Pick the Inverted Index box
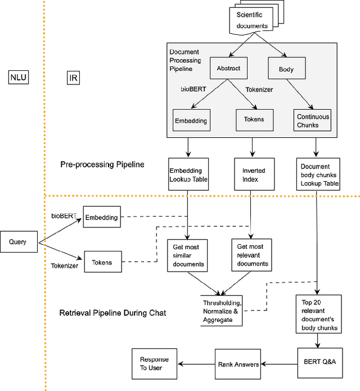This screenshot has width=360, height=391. tap(250, 174)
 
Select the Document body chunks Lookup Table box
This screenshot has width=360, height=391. tap(319, 174)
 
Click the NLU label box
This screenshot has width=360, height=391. tap(19, 78)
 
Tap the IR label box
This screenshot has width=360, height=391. tap(73, 78)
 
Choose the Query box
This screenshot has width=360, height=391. tap(17, 242)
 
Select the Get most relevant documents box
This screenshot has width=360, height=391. tap(250, 255)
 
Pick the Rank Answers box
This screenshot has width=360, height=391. tap(238, 364)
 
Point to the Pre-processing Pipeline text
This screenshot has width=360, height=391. tap(102, 165)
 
